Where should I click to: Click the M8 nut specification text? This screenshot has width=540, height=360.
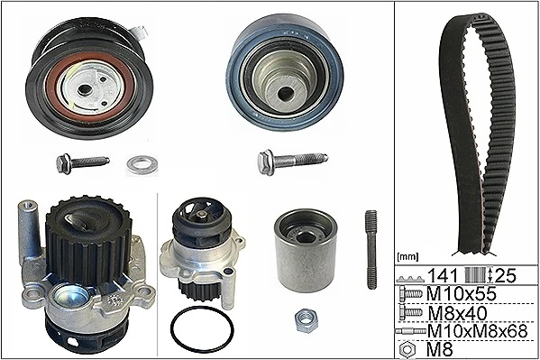439,348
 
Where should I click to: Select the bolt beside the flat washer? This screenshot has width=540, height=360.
81,163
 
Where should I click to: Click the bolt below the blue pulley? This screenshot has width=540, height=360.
291,162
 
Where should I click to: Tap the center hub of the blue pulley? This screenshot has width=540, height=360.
285,90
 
